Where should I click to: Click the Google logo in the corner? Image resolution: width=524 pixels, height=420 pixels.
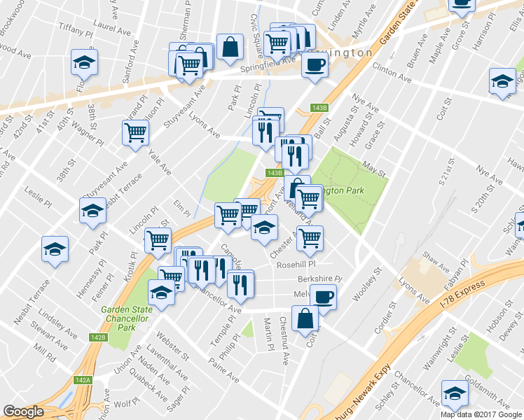pos(23,412)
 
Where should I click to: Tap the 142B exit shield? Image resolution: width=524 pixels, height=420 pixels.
pos(97,337)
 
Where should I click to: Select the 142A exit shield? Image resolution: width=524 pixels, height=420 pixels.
pos(83,379)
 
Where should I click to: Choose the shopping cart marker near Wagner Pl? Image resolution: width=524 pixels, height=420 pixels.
pos(135,132)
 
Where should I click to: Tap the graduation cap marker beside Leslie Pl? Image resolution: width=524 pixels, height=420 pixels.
pos(92,210)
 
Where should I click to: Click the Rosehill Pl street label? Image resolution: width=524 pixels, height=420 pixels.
pos(296,265)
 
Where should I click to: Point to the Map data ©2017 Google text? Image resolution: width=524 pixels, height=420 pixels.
pos(481,414)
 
